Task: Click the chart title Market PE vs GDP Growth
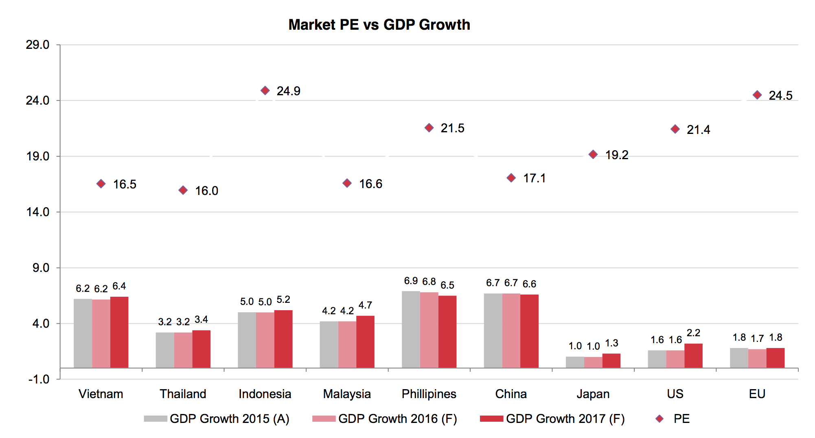point(379,25)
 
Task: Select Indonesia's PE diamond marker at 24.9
point(265,90)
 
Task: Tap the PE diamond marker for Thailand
point(183,190)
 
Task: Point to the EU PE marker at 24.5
point(757,95)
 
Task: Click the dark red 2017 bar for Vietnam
point(119,332)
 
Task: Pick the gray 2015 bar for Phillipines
point(411,329)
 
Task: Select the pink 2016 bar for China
point(511,331)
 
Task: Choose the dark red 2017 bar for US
point(693,356)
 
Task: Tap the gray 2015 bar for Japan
point(575,362)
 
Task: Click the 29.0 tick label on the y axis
point(37,45)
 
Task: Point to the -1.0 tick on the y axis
point(39,379)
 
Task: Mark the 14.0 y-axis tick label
point(37,212)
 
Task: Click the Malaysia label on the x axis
point(347,394)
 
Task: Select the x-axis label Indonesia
point(265,394)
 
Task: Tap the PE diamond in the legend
point(659,419)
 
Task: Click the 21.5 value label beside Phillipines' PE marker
point(452,128)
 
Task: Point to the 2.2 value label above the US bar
point(693,333)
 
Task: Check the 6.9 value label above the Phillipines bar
point(411,281)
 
